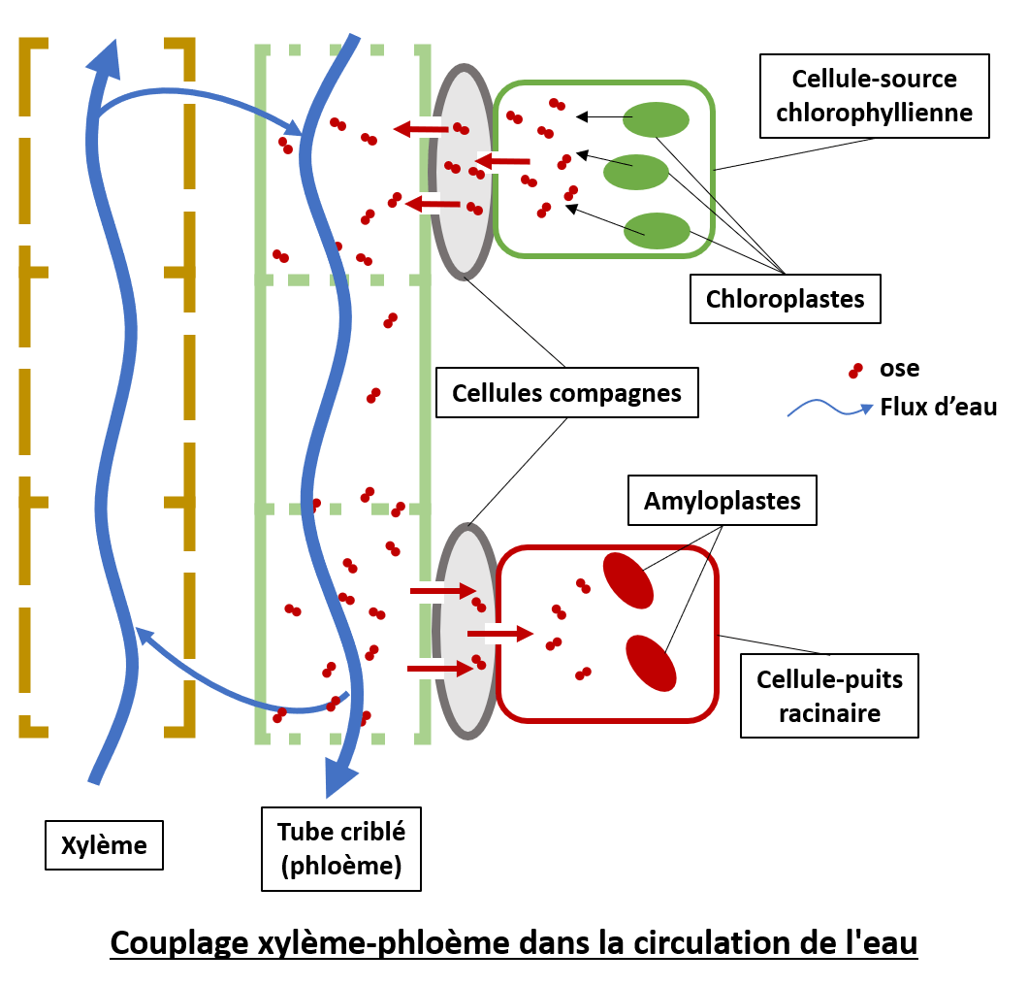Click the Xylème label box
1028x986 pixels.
tap(104, 845)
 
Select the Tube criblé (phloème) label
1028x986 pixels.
tap(341, 848)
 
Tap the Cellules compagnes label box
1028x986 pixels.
tap(566, 393)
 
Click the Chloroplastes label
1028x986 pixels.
tap(785, 299)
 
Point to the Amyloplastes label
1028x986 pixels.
tap(723, 501)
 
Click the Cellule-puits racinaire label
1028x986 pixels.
tap(828, 696)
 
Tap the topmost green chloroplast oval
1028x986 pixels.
tap(657, 120)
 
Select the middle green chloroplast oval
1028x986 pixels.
tap(636, 172)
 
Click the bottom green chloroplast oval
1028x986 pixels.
tap(657, 230)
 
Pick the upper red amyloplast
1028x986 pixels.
tap(628, 580)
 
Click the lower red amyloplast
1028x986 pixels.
tap(651, 663)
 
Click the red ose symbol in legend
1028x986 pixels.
tap(854, 370)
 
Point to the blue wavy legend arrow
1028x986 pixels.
tap(829, 410)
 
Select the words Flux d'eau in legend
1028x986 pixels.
tap(938, 407)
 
